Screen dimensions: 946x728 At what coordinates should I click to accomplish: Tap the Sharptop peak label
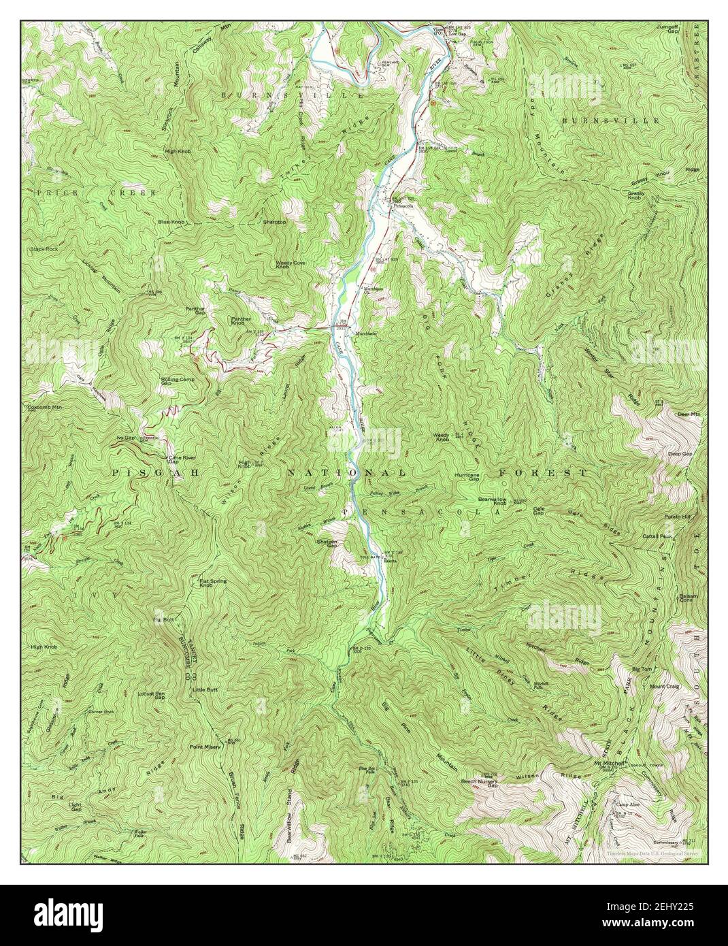coord(274,222)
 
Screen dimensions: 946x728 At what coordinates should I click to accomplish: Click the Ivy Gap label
coord(127,438)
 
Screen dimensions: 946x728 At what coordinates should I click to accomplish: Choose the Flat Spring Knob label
coord(213,583)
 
